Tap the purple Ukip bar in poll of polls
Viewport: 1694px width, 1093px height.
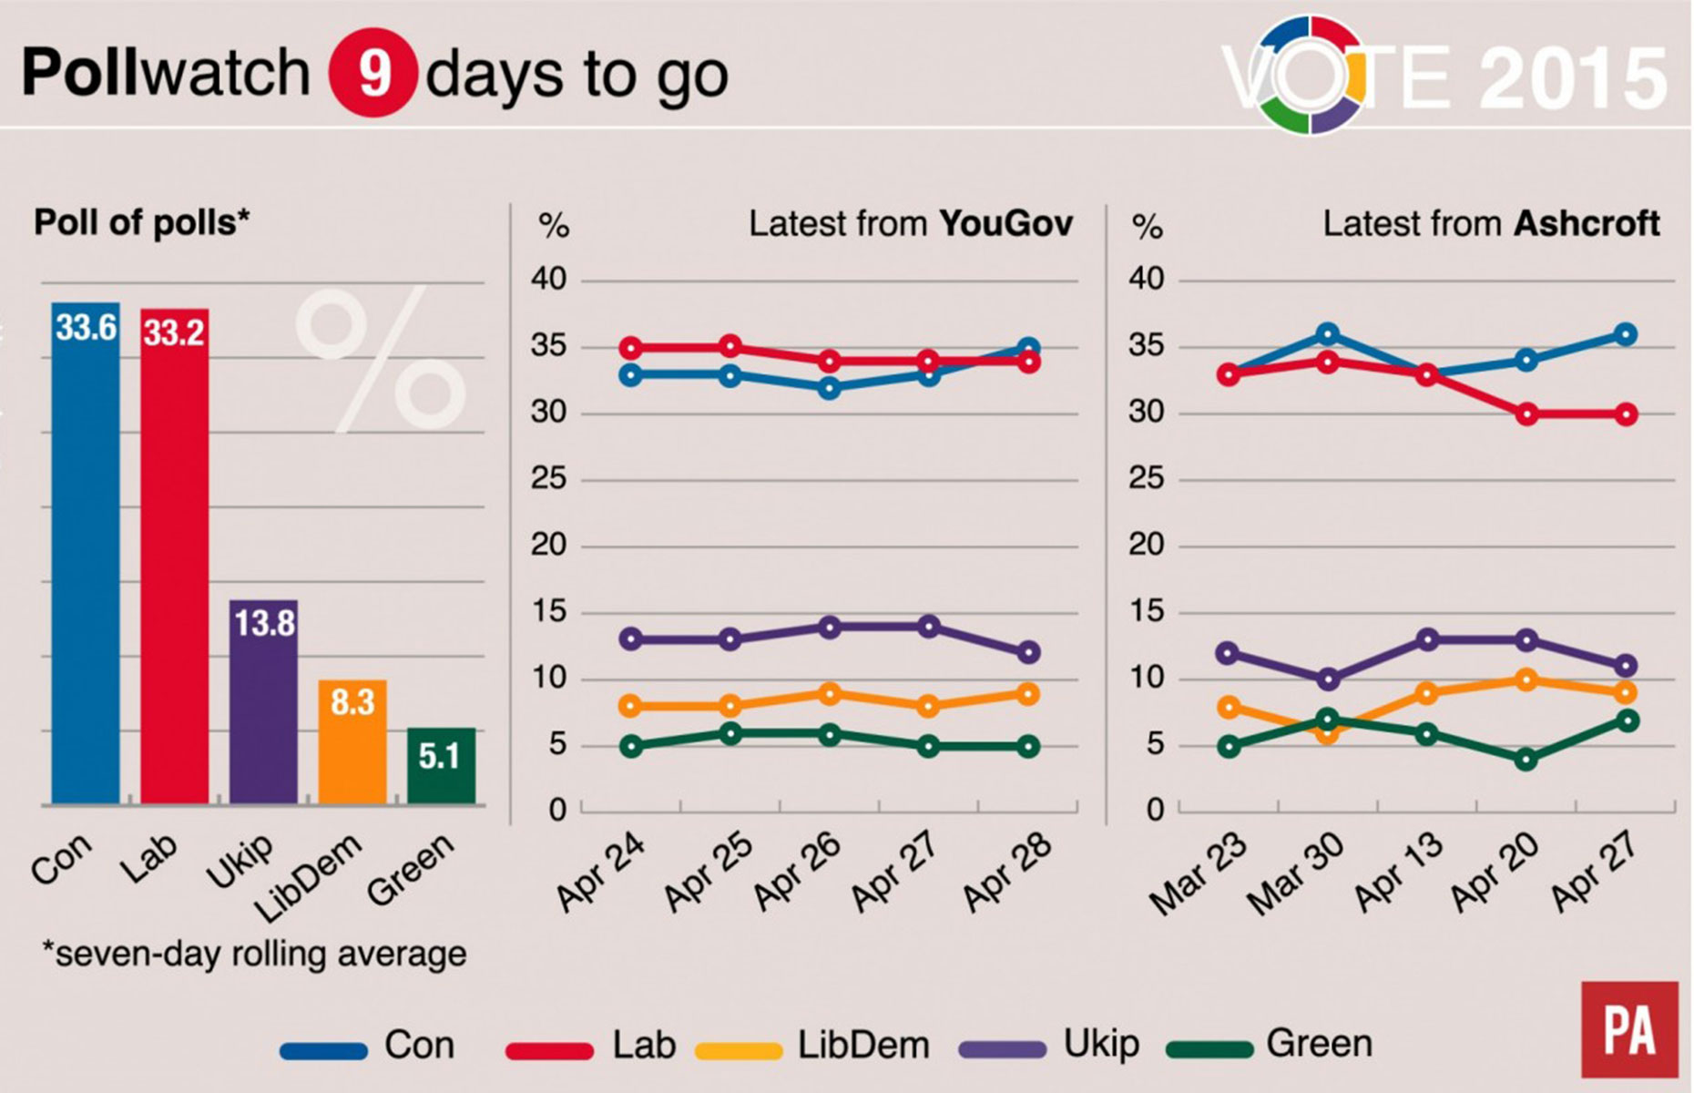263,701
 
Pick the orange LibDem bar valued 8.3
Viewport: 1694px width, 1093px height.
352,741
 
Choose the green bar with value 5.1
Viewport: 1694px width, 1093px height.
441,765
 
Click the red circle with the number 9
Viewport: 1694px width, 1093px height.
373,74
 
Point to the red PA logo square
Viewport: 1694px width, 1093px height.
1629,1028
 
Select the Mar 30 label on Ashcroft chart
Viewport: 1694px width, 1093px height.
1294,874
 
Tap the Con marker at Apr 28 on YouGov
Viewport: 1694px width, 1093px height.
1028,349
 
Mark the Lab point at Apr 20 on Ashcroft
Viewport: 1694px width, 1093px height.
1526,414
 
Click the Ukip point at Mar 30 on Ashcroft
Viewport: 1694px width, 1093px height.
1328,679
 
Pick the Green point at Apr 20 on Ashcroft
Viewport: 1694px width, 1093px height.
1526,759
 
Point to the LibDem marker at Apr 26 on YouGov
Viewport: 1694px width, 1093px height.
829,694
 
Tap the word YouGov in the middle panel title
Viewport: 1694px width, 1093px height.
1005,223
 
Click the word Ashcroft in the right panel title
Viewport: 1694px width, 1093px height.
1587,223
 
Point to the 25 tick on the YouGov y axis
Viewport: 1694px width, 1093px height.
549,478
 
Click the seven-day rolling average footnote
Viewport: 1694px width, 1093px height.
254,954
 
